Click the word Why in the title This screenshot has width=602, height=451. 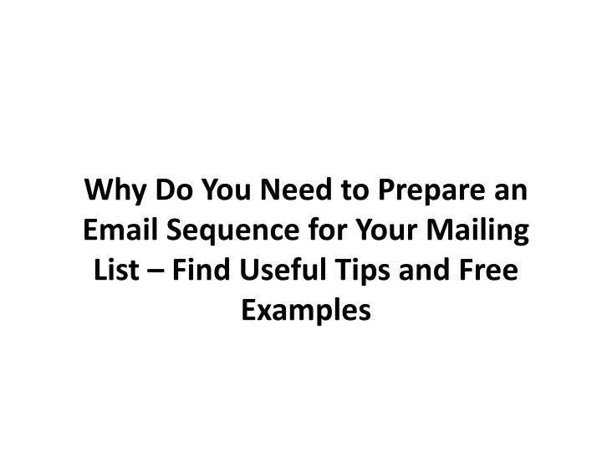(x=115, y=190)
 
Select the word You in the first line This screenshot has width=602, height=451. (x=226, y=190)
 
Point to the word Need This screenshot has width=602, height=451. (x=296, y=189)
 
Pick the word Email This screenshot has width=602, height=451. (x=120, y=230)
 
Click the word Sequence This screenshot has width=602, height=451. (x=232, y=231)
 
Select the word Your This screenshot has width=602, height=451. (x=385, y=230)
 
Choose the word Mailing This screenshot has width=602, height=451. (x=477, y=231)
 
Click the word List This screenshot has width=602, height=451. (x=116, y=269)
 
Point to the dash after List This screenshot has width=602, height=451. (x=156, y=271)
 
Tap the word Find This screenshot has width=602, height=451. (x=202, y=269)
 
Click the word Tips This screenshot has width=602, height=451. (x=362, y=271)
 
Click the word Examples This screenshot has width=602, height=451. (x=306, y=310)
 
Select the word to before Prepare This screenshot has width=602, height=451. (x=355, y=190)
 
